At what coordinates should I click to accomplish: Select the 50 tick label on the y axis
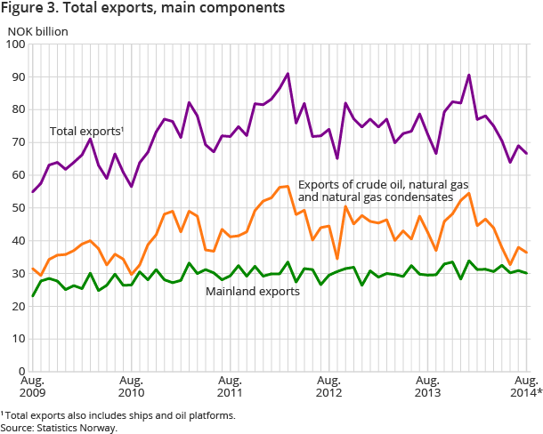[x=18, y=207]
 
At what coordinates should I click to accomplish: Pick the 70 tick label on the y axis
[x=18, y=141]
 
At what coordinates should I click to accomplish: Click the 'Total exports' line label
[x=86, y=132]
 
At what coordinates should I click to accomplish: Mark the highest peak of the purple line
[x=288, y=74]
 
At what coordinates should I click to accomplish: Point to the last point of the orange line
[x=527, y=253]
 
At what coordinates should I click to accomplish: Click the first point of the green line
[x=32, y=296]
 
